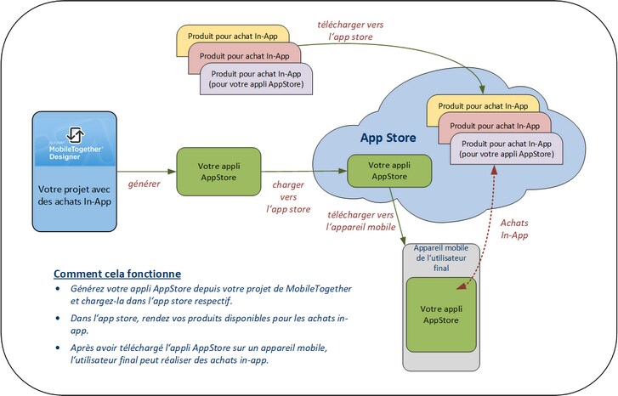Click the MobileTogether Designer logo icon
point(74,135)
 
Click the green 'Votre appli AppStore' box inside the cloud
point(388,170)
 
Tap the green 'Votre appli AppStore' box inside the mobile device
point(441,314)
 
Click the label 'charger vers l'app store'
point(288,195)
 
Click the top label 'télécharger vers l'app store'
point(351,31)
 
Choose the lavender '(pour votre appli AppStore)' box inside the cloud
point(506,149)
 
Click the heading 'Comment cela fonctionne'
point(117,274)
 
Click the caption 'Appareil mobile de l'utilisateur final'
point(441,257)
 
